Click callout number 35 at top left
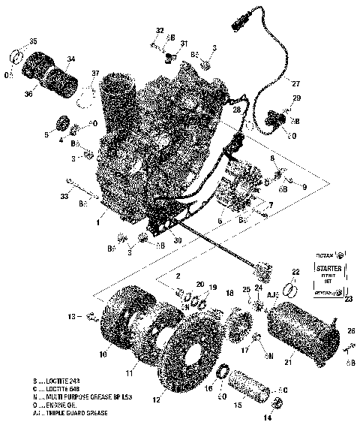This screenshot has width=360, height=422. (x=32, y=40)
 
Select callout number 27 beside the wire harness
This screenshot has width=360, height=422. (x=295, y=83)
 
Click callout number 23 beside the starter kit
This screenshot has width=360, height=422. (x=348, y=299)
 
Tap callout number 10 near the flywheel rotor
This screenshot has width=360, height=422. (x=102, y=354)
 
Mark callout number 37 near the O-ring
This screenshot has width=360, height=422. (x=95, y=73)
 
